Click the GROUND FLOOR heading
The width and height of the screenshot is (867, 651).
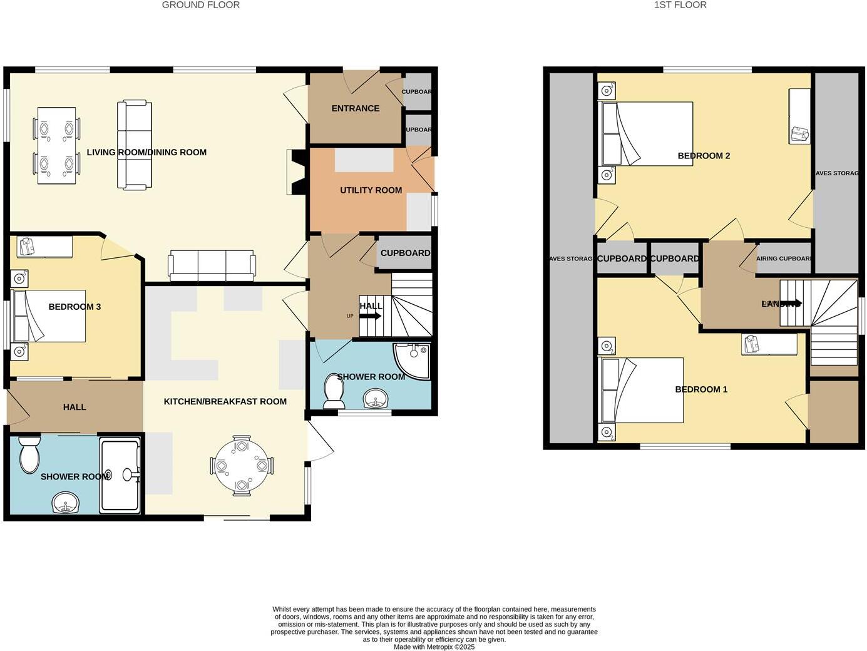[200, 5]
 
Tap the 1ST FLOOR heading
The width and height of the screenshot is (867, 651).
[680, 5]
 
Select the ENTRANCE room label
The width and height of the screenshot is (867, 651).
[355, 108]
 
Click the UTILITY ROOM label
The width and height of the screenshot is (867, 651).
[371, 190]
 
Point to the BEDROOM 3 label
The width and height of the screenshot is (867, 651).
[74, 307]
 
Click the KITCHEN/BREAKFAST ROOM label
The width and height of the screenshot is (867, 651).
[225, 402]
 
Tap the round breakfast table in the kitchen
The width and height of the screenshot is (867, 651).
[242, 466]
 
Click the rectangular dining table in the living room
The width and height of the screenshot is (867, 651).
[56, 145]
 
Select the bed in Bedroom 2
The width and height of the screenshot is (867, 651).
[647, 134]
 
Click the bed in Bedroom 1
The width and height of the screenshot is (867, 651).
[642, 390]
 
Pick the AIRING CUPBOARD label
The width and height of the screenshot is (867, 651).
[784, 259]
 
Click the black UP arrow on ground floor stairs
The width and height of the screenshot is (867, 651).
[370, 316]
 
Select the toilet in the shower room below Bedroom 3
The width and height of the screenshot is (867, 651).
[29, 455]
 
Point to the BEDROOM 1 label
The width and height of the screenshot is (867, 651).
[701, 389]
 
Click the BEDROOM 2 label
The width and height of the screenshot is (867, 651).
[704, 156]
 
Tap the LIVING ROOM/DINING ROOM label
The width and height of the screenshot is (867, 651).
[146, 152]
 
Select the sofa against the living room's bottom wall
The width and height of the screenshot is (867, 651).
[212, 265]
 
